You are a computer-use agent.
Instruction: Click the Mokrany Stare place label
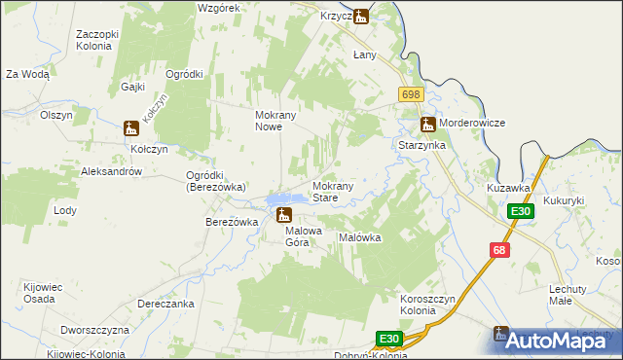coord(338,191)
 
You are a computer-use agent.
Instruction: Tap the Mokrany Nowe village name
coord(281,121)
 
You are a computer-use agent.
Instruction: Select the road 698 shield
coord(410,93)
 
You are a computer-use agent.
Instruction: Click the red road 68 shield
coord(499,250)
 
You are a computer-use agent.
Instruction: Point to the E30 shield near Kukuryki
coord(520,212)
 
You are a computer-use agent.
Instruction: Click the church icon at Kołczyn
coord(131,128)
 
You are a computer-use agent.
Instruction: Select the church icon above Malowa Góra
coord(283,215)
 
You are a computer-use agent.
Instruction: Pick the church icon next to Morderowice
coord(427,125)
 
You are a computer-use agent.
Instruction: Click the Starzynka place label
coord(421,144)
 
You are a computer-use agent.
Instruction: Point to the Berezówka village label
coord(231,222)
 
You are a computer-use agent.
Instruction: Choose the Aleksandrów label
coord(113,171)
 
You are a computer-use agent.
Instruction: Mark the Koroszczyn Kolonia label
coord(429,304)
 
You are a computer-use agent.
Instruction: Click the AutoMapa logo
coord(556,341)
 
